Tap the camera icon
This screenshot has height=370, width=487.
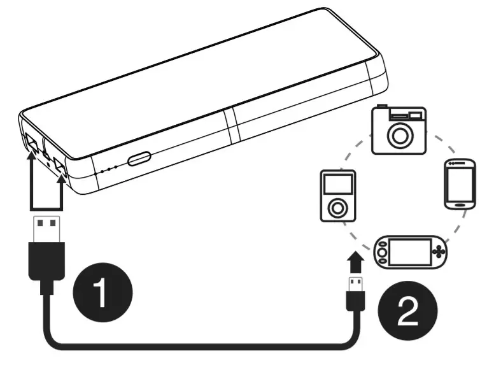click(399, 130)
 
